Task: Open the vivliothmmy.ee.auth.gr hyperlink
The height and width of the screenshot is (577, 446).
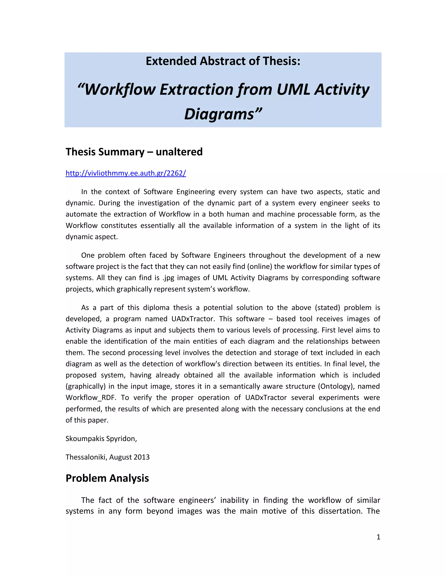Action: pos(126,173)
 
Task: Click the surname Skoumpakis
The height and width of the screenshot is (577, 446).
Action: pos(84,439)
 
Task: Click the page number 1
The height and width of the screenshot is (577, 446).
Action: pos(378,537)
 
